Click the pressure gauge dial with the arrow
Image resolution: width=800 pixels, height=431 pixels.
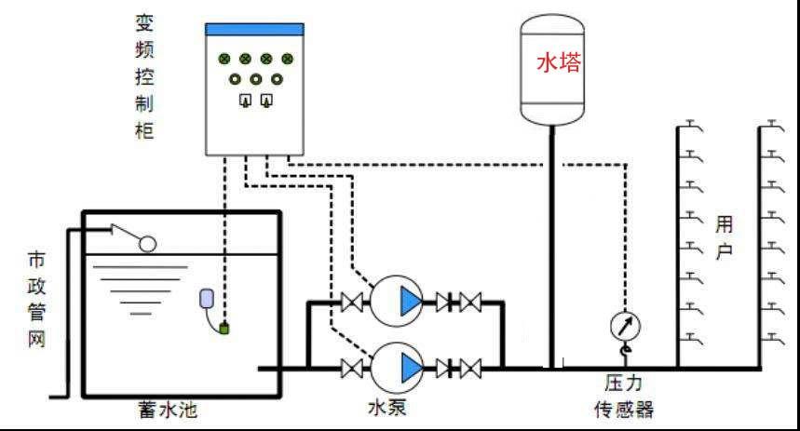[625, 326]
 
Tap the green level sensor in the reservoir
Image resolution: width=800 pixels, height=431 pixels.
[224, 327]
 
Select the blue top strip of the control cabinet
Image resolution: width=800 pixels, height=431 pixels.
[255, 30]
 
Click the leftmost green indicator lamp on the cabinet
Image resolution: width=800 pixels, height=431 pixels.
[224, 59]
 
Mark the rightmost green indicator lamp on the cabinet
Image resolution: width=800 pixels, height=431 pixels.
[287, 59]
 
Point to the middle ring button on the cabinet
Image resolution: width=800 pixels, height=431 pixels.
[255, 79]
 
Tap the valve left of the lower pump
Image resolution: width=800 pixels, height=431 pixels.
[352, 368]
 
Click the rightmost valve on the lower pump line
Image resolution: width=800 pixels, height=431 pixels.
[471, 368]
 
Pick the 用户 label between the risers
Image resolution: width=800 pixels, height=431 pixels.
[725, 237]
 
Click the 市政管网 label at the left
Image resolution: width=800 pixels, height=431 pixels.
[34, 299]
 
